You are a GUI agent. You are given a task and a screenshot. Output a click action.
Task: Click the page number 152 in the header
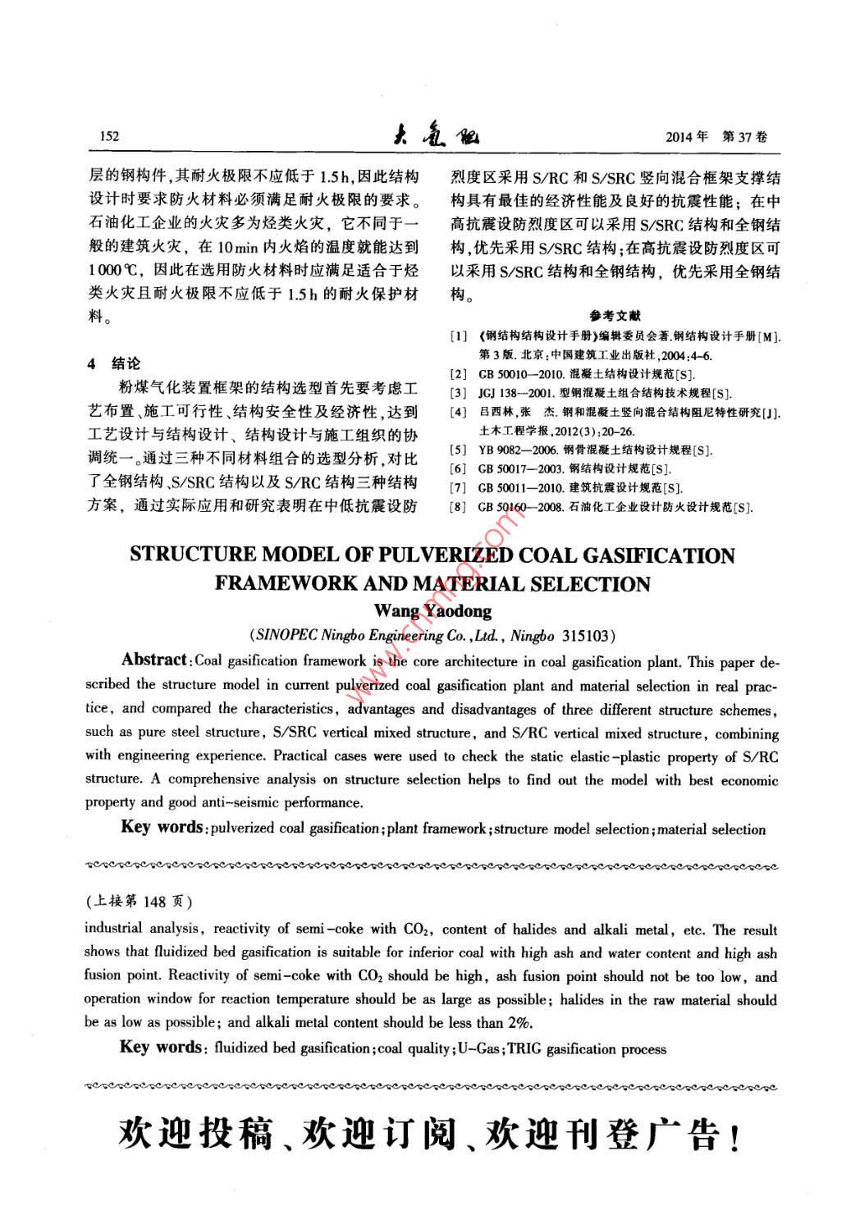(108, 136)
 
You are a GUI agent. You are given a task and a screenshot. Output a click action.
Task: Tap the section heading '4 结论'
(114, 363)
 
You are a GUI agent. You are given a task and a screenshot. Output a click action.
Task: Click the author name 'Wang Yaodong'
(432, 610)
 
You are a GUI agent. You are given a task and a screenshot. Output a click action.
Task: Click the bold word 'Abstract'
(154, 660)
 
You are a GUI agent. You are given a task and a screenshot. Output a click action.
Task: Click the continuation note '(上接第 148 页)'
(139, 902)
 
